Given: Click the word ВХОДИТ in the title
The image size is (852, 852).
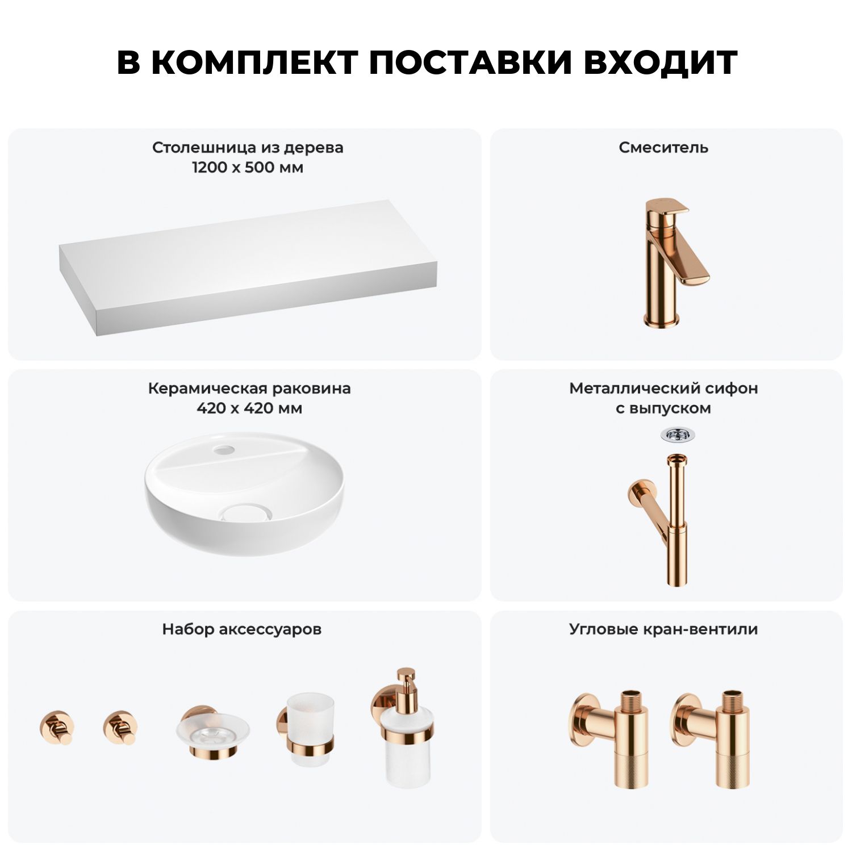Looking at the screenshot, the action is coord(661,62).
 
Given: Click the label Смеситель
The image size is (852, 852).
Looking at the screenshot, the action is coord(663,148).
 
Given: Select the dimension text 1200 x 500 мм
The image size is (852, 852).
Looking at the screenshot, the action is coord(248,168).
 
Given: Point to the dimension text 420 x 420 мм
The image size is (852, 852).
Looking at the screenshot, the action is coord(249,408).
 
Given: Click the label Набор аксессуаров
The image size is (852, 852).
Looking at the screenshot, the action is coord(242,629).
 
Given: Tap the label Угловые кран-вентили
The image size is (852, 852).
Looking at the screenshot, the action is coord(663,629).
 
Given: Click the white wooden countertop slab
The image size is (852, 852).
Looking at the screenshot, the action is coord(249,268).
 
